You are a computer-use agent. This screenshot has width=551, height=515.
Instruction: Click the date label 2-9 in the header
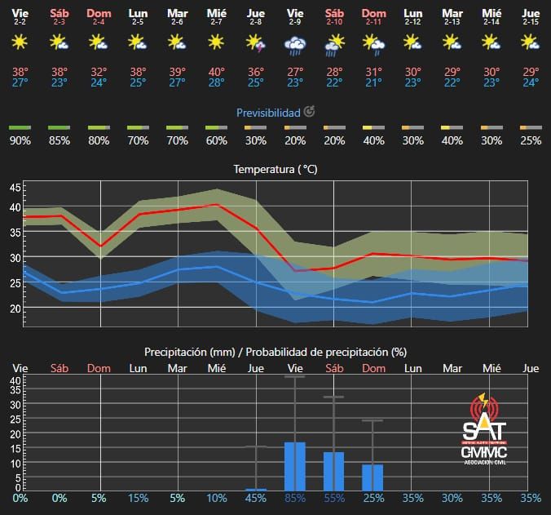point(294,22)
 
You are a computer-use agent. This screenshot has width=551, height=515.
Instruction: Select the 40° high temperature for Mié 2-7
point(216,71)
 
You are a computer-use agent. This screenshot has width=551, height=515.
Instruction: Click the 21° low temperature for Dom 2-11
point(374,82)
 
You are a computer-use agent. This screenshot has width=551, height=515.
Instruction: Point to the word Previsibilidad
point(268,112)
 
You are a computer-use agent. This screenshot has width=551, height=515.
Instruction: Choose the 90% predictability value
point(20,140)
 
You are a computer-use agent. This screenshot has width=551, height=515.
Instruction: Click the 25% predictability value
point(531,140)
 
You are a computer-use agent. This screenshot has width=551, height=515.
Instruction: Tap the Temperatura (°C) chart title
point(275,170)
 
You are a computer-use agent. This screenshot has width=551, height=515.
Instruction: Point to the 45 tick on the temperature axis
point(15,188)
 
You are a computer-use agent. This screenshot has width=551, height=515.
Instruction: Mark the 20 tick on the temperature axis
point(15,309)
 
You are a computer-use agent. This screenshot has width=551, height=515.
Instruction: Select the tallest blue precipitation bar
point(294,466)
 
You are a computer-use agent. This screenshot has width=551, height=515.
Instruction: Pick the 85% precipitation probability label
point(294,498)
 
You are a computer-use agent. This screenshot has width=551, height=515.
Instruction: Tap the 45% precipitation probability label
point(255,498)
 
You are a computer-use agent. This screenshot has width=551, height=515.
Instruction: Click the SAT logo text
point(484,430)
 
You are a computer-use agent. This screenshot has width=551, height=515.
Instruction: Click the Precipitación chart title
point(275,352)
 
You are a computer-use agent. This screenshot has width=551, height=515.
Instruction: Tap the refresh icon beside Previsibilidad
point(310,112)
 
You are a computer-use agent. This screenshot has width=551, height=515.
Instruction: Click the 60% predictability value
point(216,140)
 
